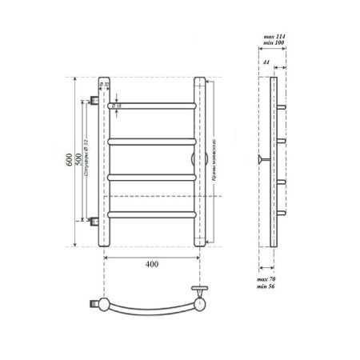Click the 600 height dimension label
point(69,159)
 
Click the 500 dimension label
point(78,159)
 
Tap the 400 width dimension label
point(152,265)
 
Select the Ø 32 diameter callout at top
point(105,83)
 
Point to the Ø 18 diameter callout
point(116,106)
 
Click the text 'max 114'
point(274,38)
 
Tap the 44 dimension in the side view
point(266,62)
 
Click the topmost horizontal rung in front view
point(152,105)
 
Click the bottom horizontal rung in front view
point(152,214)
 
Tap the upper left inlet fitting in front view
point(95,101)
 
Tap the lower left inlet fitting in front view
point(95,218)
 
